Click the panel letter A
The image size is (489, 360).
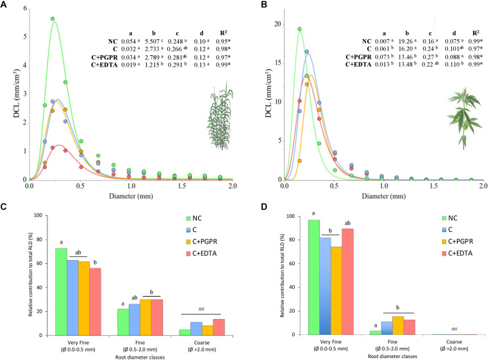pyautogui.click(x=6, y=6)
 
